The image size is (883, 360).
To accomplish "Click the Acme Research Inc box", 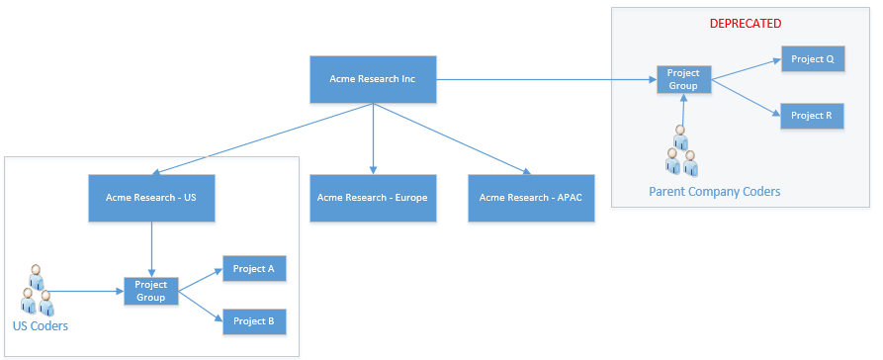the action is tap(373, 79).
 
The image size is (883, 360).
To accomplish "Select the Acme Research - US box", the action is tap(151, 198).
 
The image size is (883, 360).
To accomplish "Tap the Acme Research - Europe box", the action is tap(373, 198).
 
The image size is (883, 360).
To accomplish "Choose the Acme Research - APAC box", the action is tap(531, 198).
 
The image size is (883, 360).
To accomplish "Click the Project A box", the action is tap(254, 269).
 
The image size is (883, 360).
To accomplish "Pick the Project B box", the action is tap(254, 321).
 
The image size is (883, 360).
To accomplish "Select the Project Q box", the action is tap(813, 59).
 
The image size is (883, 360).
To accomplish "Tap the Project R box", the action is tap(812, 116).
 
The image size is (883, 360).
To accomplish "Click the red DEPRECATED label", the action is tap(745, 24).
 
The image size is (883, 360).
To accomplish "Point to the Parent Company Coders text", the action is tap(715, 192).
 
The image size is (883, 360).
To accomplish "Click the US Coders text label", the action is tap(40, 326).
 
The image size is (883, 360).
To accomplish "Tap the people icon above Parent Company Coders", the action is tap(681, 150).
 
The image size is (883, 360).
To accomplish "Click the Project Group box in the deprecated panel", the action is tap(683, 79).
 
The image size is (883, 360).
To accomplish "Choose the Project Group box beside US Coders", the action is tap(151, 292).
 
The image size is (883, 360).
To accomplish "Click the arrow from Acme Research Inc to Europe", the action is tap(373, 138).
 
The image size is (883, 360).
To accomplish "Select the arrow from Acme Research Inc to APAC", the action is tap(452, 138).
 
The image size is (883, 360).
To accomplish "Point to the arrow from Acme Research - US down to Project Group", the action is tap(151, 249).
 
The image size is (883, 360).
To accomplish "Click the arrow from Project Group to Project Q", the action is tap(747, 69).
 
